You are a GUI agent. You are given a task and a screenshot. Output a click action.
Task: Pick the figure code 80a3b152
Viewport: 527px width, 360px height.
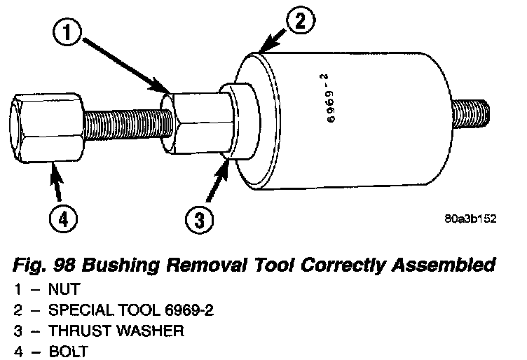(x=470, y=219)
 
